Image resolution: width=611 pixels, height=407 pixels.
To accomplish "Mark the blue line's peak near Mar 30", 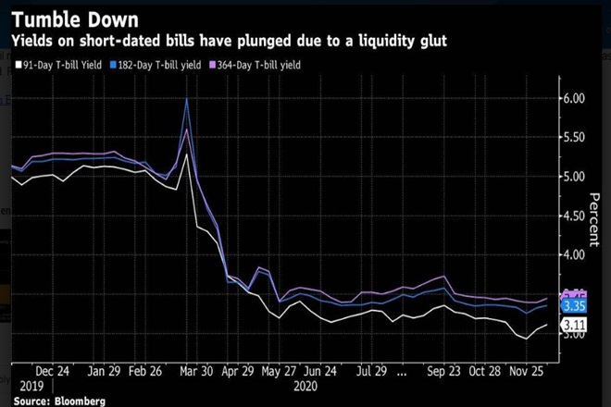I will point(188,99).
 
